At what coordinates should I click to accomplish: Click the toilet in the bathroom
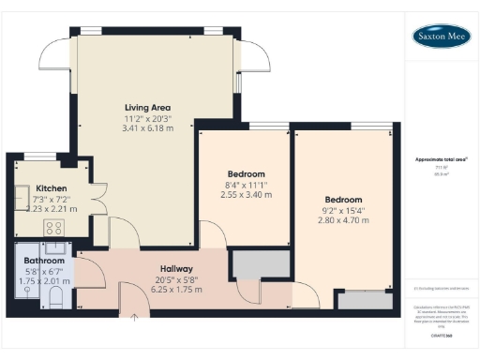[x=55, y=297]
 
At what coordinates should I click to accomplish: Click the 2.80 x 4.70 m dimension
[x=343, y=221]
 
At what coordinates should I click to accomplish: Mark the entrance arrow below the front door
[x=135, y=318]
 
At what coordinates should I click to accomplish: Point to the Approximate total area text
[x=441, y=159]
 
